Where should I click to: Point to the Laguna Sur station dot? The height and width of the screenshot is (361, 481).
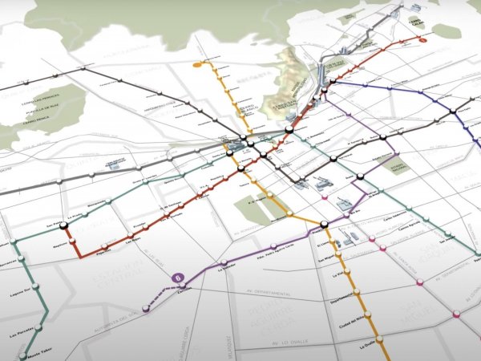36,286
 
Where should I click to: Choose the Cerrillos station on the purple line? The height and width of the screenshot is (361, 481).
147,306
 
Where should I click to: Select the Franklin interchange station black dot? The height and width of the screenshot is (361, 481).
323,225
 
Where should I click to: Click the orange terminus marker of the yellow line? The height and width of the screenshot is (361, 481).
196,63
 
